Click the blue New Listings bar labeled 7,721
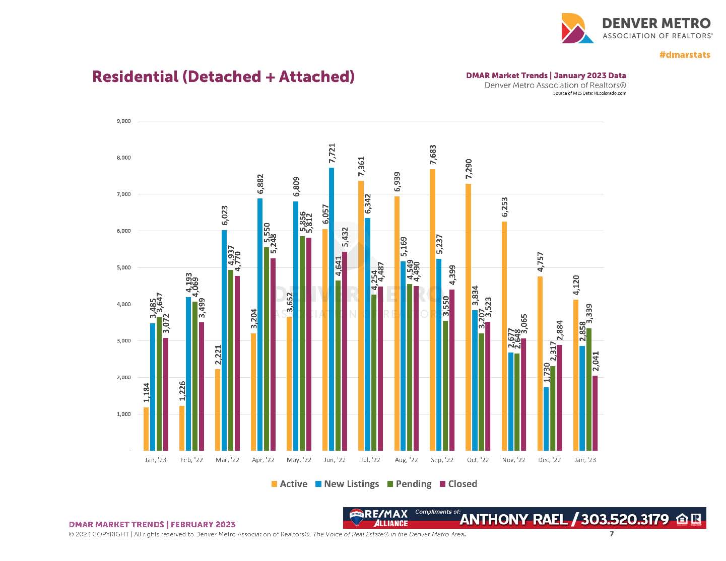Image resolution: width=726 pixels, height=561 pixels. click(x=332, y=309)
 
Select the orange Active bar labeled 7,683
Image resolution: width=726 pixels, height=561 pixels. click(x=433, y=310)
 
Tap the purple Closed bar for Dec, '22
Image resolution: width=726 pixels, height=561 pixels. click(x=559, y=398)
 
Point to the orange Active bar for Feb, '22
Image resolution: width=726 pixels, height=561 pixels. click(x=182, y=428)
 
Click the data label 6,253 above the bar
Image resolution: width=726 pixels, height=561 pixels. click(x=505, y=207)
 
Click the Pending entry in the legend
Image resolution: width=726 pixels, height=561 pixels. click(x=409, y=484)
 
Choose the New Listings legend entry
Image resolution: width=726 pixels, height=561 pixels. click(x=347, y=484)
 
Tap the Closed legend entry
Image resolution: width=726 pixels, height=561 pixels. click(x=458, y=484)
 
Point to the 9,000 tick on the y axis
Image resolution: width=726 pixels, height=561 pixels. click(x=123, y=121)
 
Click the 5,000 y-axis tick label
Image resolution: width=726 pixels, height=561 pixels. click(x=123, y=267)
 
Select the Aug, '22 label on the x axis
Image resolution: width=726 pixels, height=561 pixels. click(x=406, y=460)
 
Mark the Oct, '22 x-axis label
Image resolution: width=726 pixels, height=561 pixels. click(x=478, y=460)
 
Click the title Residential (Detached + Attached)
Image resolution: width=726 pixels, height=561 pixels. click(x=223, y=77)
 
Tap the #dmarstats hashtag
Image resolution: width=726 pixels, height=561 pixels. click(x=685, y=55)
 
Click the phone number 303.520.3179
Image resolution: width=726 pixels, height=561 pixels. click(x=625, y=519)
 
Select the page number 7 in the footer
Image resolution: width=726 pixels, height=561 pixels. click(x=612, y=534)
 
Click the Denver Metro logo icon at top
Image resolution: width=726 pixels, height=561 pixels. click(x=577, y=28)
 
